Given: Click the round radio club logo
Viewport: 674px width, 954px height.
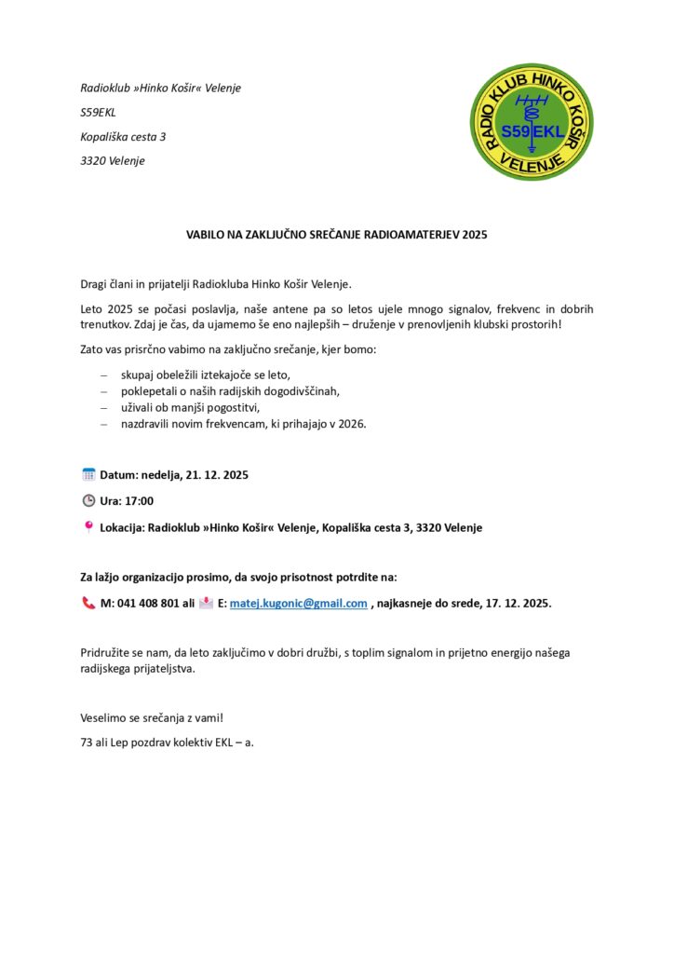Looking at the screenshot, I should click(531, 122).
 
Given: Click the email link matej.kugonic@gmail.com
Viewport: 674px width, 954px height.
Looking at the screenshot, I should click(299, 603).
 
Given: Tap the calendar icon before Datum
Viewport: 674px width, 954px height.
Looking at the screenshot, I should click(88, 475).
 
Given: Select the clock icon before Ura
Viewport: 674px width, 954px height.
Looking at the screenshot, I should click(88, 501).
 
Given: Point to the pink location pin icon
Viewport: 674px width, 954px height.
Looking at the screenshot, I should click(88, 527).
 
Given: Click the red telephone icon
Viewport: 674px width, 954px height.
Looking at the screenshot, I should click(88, 603).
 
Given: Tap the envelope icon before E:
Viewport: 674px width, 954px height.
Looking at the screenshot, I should click(206, 603).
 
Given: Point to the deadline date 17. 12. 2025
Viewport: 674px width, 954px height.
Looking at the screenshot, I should click(519, 603).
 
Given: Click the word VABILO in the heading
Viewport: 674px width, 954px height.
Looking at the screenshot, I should click(206, 235).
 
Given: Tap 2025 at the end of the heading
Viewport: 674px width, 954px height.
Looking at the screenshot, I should click(474, 235).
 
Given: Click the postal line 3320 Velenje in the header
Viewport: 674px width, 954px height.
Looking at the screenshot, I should click(113, 160).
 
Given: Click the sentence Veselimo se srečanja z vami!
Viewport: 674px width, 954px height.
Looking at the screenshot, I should click(152, 718).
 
